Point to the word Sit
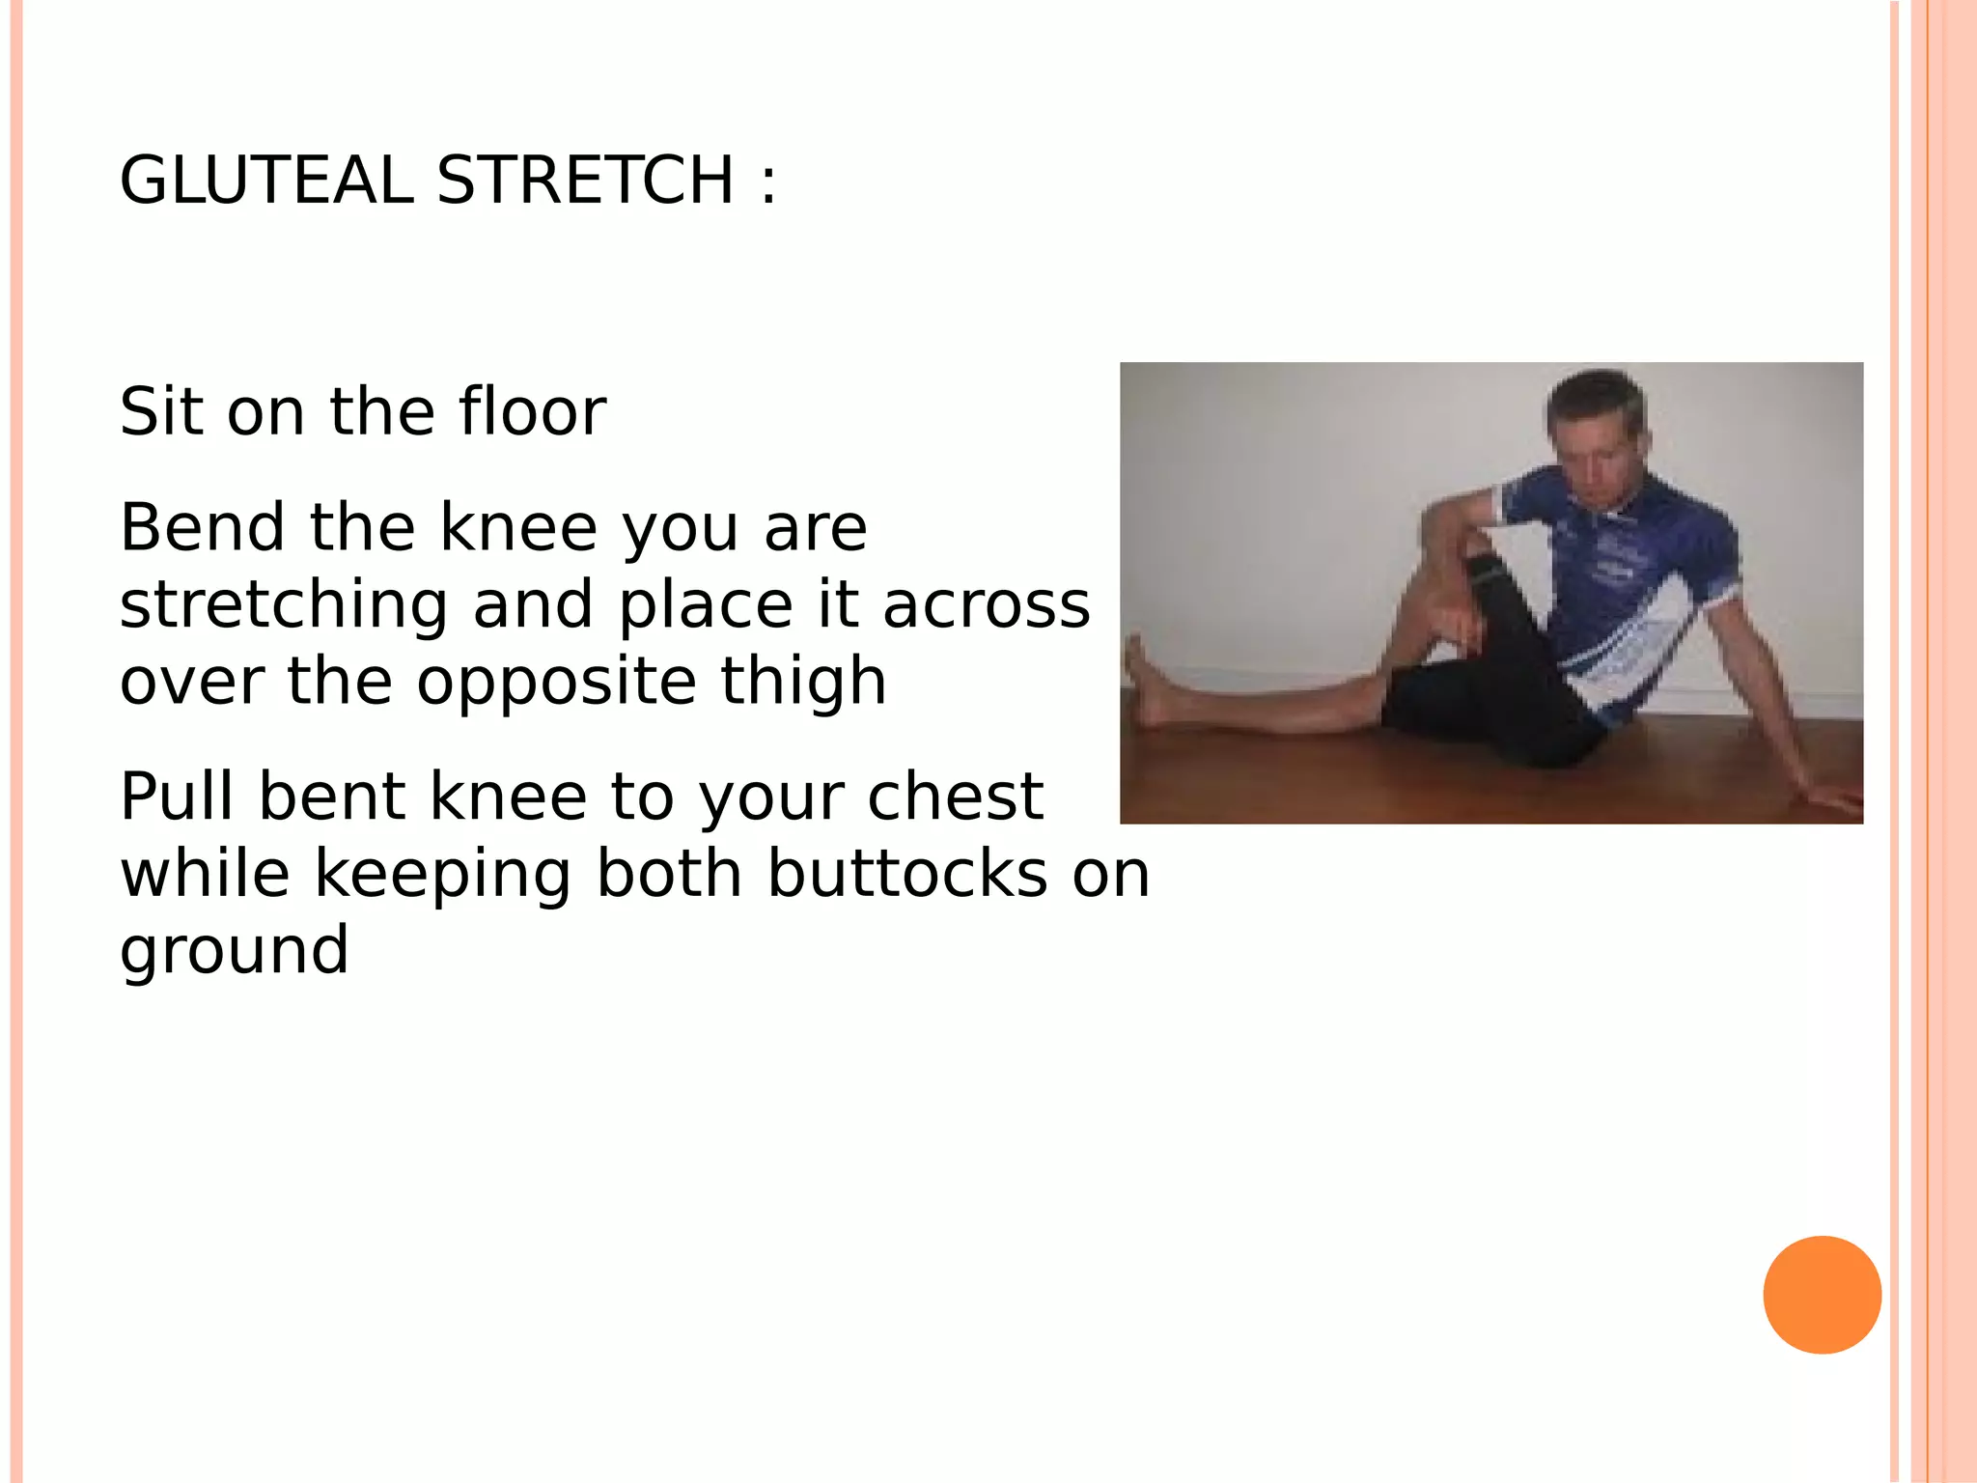[162, 411]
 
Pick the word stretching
[284, 606]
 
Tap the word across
[986, 606]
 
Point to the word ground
[234, 952]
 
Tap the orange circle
[1822, 1295]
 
